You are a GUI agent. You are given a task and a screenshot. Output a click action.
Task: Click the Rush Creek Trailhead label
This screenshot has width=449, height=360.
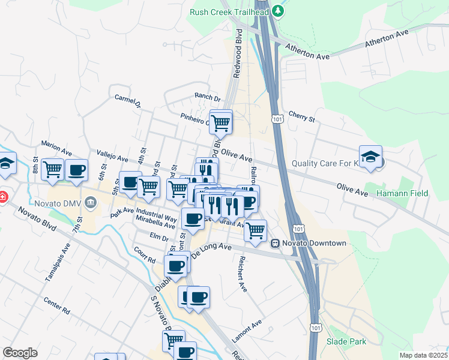coord(229,11)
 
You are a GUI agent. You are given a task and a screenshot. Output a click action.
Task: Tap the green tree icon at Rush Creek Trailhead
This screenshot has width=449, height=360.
coord(277,11)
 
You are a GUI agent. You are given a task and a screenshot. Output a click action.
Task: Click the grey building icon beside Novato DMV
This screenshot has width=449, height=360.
coord(91,202)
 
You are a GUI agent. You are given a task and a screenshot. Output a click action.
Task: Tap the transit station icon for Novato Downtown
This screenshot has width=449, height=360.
coord(275,243)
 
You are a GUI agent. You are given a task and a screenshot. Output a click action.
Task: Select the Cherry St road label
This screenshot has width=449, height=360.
coord(301,116)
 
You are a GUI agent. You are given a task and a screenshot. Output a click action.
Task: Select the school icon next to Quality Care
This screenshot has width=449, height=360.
coord(370,157)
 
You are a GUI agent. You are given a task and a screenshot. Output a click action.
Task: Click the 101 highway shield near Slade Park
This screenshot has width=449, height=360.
coord(316,327)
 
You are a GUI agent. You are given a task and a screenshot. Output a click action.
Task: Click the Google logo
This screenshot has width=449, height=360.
coord(20,353)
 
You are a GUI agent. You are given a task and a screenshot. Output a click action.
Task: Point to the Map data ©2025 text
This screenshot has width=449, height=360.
coord(423,355)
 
